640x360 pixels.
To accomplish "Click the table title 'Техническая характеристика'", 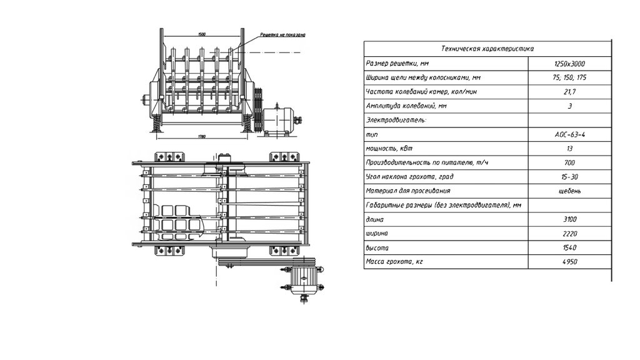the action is tap(487, 49).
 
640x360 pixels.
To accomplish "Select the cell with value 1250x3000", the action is tap(569, 64).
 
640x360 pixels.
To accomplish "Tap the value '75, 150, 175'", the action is tap(569, 77).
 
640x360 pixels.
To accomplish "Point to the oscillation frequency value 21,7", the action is tap(569, 92).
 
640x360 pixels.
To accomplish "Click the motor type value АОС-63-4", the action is tap(569, 134).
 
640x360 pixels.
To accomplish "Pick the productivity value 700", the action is tap(569, 162).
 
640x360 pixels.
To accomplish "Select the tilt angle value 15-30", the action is tap(569, 177).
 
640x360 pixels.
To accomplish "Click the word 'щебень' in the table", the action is tap(569, 191).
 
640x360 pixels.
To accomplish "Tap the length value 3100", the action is tap(569, 219).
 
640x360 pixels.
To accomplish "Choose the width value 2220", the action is tap(569, 234).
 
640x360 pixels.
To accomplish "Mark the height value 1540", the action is tap(569, 247).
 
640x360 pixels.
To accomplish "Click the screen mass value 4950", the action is tap(569, 262).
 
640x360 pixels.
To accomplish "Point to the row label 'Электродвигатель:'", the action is tap(396, 120).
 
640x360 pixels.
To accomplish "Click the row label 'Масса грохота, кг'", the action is tap(394, 262).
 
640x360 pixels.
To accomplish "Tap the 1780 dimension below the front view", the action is tap(201, 136).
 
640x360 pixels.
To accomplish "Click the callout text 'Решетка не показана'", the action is tap(282, 35).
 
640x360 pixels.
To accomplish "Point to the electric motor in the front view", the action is tap(281, 121).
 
